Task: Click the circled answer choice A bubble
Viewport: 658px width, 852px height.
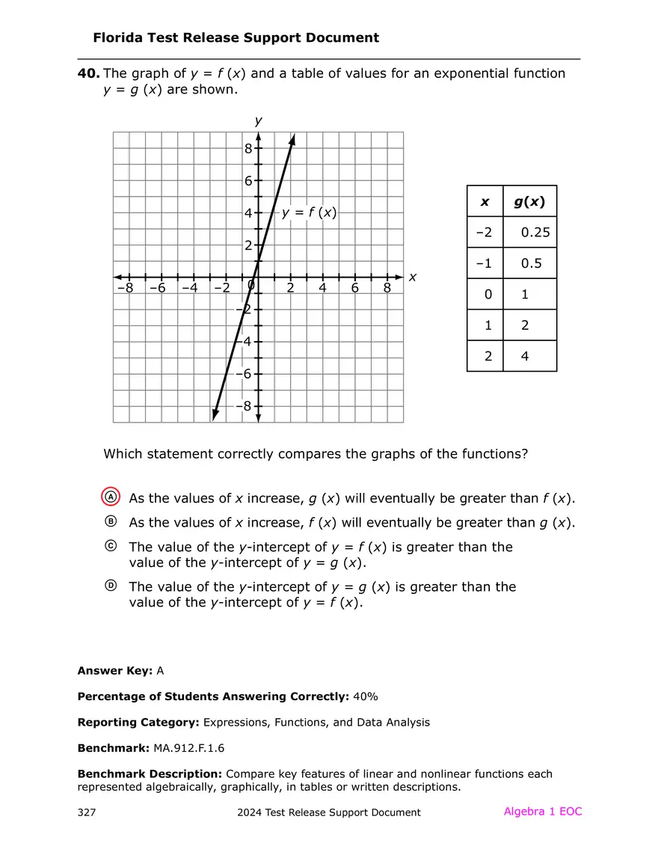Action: [111, 497]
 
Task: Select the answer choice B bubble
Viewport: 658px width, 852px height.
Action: [111, 521]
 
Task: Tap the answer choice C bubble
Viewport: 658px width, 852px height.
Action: [111, 547]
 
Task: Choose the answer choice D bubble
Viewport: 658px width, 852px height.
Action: [111, 586]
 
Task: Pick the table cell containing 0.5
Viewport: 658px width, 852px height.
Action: [531, 263]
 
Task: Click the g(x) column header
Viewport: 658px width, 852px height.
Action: [529, 201]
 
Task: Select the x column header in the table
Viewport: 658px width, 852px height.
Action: [485, 201]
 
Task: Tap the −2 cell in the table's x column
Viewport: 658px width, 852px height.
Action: [485, 232]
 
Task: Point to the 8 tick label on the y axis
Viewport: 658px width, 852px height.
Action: [248, 149]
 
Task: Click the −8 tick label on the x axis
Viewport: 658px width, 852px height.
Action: [125, 288]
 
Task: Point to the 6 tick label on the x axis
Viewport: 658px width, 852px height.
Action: [354, 288]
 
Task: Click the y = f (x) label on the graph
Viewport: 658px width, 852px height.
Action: [309, 212]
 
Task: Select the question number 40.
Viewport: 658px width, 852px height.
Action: [88, 73]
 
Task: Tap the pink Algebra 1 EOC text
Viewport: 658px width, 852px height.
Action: [542, 812]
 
